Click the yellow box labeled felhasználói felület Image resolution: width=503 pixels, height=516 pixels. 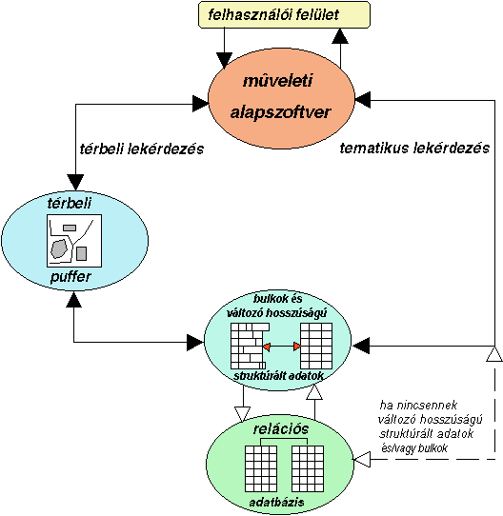pyautogui.click(x=284, y=15)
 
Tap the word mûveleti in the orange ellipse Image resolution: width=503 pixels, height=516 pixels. pyautogui.click(x=277, y=81)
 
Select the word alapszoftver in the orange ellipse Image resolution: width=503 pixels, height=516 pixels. pyautogui.click(x=280, y=112)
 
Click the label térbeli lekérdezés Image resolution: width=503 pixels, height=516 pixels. pyautogui.click(x=142, y=149)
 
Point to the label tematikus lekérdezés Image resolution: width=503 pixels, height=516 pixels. pyautogui.click(x=414, y=149)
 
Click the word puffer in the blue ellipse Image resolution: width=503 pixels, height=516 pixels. pyautogui.click(x=70, y=277)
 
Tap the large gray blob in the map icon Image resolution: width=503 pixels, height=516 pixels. pyautogui.click(x=59, y=248)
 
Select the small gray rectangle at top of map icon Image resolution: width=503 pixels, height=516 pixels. pyautogui.click(x=70, y=228)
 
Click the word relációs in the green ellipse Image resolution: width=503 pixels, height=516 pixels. pyautogui.click(x=281, y=429)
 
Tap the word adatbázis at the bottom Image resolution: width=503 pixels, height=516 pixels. pyautogui.click(x=276, y=503)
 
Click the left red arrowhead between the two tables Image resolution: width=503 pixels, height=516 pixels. pyautogui.click(x=267, y=347)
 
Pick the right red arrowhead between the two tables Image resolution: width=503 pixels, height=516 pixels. pyautogui.click(x=297, y=347)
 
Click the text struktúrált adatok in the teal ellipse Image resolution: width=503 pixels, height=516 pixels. pyautogui.click(x=279, y=376)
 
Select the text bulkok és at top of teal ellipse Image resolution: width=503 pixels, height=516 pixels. pyautogui.click(x=277, y=299)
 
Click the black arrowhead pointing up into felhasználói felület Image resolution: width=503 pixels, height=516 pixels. pyautogui.click(x=340, y=36)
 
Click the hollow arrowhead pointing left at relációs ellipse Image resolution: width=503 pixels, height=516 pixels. pyautogui.click(x=362, y=459)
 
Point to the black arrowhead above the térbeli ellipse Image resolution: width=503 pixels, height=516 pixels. pyautogui.click(x=76, y=183)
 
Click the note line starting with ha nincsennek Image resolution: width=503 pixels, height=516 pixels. pyautogui.click(x=418, y=406)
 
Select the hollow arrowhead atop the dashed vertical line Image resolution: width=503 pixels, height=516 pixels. pyautogui.click(x=494, y=354)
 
